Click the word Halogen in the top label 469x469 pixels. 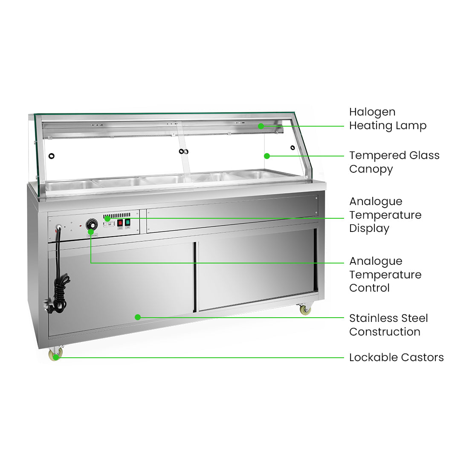(x=372, y=112)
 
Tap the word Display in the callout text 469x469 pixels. (x=369, y=229)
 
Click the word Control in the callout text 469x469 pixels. (x=369, y=288)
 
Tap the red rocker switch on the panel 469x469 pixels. (x=120, y=223)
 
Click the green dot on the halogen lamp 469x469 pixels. (x=261, y=126)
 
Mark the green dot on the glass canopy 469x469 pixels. (x=267, y=156)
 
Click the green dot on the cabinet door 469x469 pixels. (x=138, y=317)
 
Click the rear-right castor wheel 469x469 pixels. (x=305, y=310)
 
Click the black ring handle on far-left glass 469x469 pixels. (x=52, y=156)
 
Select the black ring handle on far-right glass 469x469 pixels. (x=292, y=148)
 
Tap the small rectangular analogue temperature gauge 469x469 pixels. (x=109, y=223)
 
